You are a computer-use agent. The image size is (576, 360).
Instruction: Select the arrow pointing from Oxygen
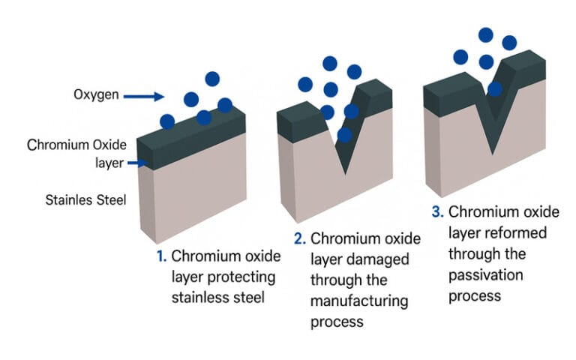pyautogui.click(x=143, y=96)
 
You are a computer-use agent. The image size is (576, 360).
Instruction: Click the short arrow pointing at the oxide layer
pyautogui.click(x=137, y=162)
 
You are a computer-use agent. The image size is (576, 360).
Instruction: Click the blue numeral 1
pyautogui.click(x=160, y=256)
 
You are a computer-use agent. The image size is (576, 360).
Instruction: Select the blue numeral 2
pyautogui.click(x=299, y=239)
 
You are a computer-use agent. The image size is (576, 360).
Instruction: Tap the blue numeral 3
pyautogui.click(x=437, y=212)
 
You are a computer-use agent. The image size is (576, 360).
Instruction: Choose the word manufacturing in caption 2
pyautogui.click(x=359, y=301)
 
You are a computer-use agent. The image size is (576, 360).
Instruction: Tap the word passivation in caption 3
pyautogui.click(x=487, y=274)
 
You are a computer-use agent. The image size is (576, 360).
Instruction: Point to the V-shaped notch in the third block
pyautogui.click(x=493, y=127)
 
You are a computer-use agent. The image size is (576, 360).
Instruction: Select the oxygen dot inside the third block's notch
pyautogui.click(x=495, y=89)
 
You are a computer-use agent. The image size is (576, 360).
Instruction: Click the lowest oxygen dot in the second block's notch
pyautogui.click(x=344, y=135)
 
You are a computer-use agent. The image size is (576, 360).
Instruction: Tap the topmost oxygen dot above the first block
pyautogui.click(x=212, y=78)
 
